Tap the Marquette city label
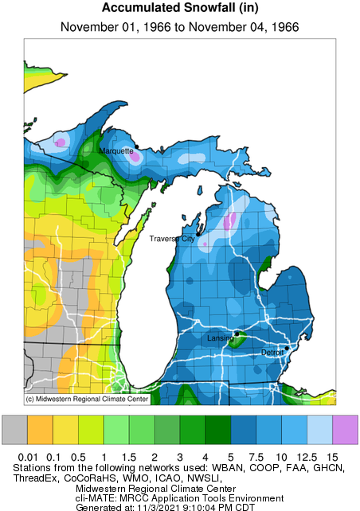pyautogui.click(x=116, y=150)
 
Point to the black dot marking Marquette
pyautogui.click(x=137, y=146)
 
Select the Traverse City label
pyautogui.click(x=172, y=238)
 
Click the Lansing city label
pyautogui.click(x=220, y=339)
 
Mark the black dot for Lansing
pyautogui.click(x=237, y=334)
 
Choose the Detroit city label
pyautogui.click(x=272, y=351)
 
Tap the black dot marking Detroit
pyautogui.click(x=287, y=347)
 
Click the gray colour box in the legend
pyautogui.click(x=15, y=430)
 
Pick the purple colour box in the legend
pyautogui.click(x=346, y=430)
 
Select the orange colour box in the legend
pyautogui.click(x=41, y=430)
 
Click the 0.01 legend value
pyautogui.click(x=28, y=456)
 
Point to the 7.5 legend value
pyautogui.click(x=257, y=456)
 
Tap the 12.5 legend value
pyautogui.click(x=307, y=456)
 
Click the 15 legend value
pyautogui.click(x=333, y=456)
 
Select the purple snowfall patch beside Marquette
pyautogui.click(x=135, y=157)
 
